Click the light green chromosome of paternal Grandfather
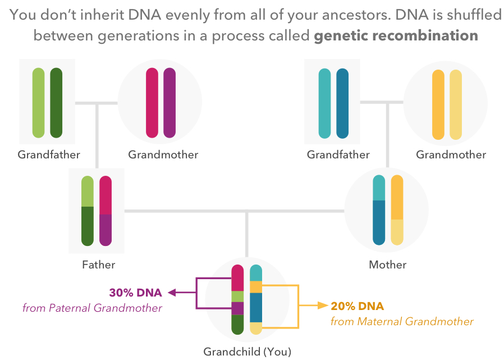38,103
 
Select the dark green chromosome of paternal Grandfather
56,103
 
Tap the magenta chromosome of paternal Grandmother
152,103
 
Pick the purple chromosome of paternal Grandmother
169,103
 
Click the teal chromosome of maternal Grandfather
324,103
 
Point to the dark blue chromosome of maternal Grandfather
342,103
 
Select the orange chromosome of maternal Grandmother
438,104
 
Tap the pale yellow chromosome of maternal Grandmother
456,104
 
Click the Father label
98,265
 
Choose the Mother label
388,265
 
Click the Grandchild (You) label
248,352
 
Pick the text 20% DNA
358,306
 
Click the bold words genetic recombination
396,36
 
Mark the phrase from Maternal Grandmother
402,322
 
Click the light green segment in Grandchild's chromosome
237,296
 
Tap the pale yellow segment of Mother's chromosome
397,232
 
